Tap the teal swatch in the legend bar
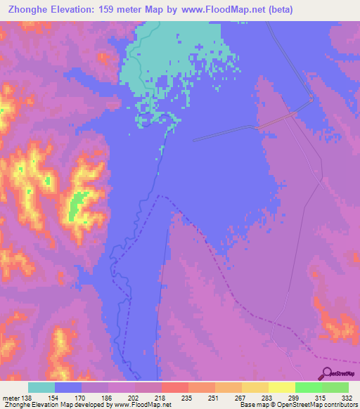tap(41, 388)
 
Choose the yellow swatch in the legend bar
tap(282, 388)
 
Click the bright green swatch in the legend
tap(309, 388)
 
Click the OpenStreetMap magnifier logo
tap(327, 373)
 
